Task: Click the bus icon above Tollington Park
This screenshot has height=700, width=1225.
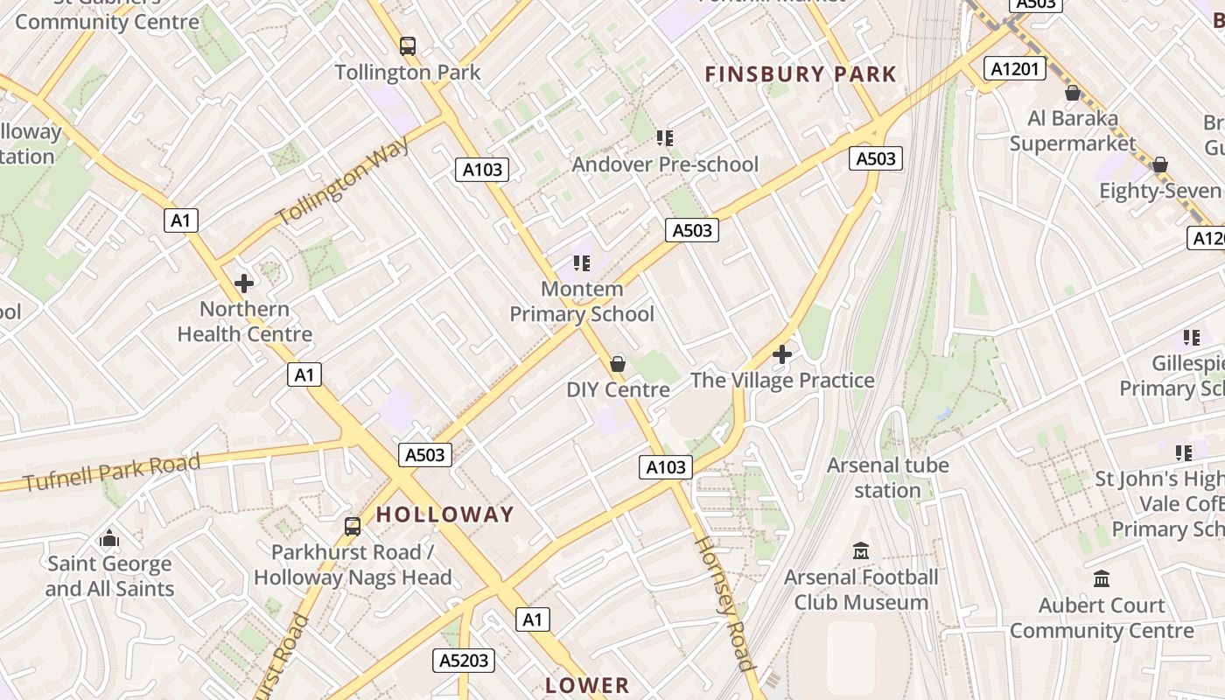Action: pos(407,45)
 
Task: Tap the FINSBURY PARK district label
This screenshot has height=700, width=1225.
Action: pos(801,74)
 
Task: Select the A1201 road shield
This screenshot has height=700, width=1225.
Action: pos(1015,68)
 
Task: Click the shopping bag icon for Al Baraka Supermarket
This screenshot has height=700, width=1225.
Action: pos(1073,92)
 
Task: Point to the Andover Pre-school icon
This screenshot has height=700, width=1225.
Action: pos(665,137)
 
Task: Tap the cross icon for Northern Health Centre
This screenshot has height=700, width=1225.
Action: pos(244,283)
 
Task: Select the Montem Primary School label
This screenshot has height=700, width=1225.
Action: pos(582,301)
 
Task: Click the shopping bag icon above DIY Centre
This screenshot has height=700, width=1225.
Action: pos(618,363)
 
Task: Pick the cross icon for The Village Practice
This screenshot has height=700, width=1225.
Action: pos(782,354)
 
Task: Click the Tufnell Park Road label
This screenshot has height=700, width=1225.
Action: pos(112,472)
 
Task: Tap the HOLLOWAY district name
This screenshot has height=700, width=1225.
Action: pos(445,514)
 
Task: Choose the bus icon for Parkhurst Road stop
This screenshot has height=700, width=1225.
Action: pos(353,526)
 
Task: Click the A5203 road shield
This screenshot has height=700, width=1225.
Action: pos(463,660)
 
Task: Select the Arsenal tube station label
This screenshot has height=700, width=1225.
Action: pos(887,477)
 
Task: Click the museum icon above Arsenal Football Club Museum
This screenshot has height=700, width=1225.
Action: pos(861,551)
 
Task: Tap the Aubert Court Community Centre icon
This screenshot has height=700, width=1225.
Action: pos(1102,579)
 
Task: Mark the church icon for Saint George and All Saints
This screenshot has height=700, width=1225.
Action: pos(109,537)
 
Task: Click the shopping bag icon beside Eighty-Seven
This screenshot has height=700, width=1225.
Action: pos(1160,164)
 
